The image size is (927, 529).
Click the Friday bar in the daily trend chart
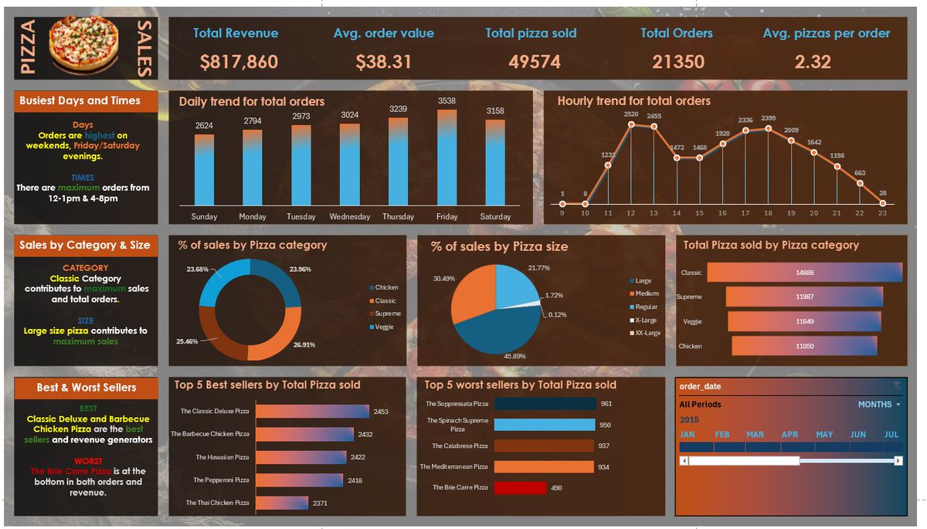click(x=447, y=158)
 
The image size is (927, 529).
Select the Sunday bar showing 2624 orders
click(x=204, y=170)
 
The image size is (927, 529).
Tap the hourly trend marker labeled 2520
click(x=631, y=124)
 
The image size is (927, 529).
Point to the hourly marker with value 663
click(x=860, y=183)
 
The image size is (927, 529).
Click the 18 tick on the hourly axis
click(x=768, y=213)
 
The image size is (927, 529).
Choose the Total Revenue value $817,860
click(x=239, y=62)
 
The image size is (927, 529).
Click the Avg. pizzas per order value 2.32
click(x=813, y=62)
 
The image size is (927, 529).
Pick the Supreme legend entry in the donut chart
click(x=385, y=314)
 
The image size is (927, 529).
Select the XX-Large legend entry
click(x=645, y=333)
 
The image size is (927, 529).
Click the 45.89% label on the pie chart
click(x=514, y=356)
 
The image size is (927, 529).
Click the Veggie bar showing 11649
click(x=804, y=321)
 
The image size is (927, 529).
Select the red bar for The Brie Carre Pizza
click(x=520, y=487)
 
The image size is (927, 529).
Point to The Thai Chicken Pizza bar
click(x=282, y=503)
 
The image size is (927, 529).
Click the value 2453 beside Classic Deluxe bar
click(x=381, y=412)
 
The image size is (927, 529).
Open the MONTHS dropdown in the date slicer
click(x=879, y=405)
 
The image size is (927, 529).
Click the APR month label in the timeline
click(x=789, y=434)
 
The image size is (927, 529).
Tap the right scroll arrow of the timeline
click(x=898, y=461)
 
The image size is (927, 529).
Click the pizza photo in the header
click(x=84, y=45)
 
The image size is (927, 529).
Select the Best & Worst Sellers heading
click(x=86, y=388)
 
